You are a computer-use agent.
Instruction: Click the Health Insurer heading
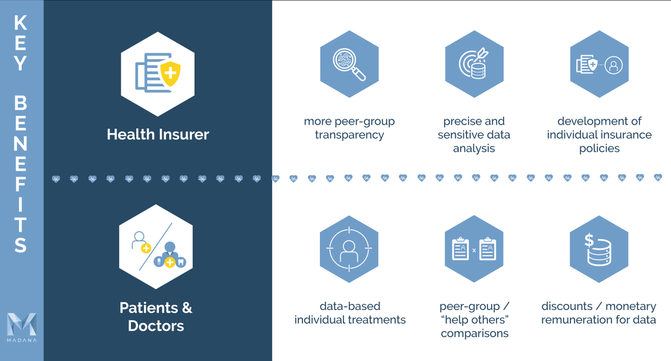[158, 135]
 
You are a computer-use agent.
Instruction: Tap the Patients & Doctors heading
[156, 316]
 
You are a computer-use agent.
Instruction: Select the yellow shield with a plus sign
[169, 73]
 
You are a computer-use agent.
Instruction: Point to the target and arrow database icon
[474, 65]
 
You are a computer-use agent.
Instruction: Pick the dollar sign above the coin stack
[589, 240]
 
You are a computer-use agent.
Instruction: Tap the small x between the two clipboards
[474, 250]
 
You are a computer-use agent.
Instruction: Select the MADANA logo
[21, 327]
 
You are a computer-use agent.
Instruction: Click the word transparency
[349, 135]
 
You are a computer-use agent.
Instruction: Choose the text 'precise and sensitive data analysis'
[474, 135]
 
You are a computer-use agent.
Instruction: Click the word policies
[599, 148]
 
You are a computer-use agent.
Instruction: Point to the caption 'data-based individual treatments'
[350, 313]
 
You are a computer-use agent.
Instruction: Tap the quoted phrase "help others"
[474, 320]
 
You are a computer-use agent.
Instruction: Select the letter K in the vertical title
[21, 23]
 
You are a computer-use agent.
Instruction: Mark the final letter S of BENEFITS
[21, 245]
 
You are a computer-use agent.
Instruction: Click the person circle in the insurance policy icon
[613, 65]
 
